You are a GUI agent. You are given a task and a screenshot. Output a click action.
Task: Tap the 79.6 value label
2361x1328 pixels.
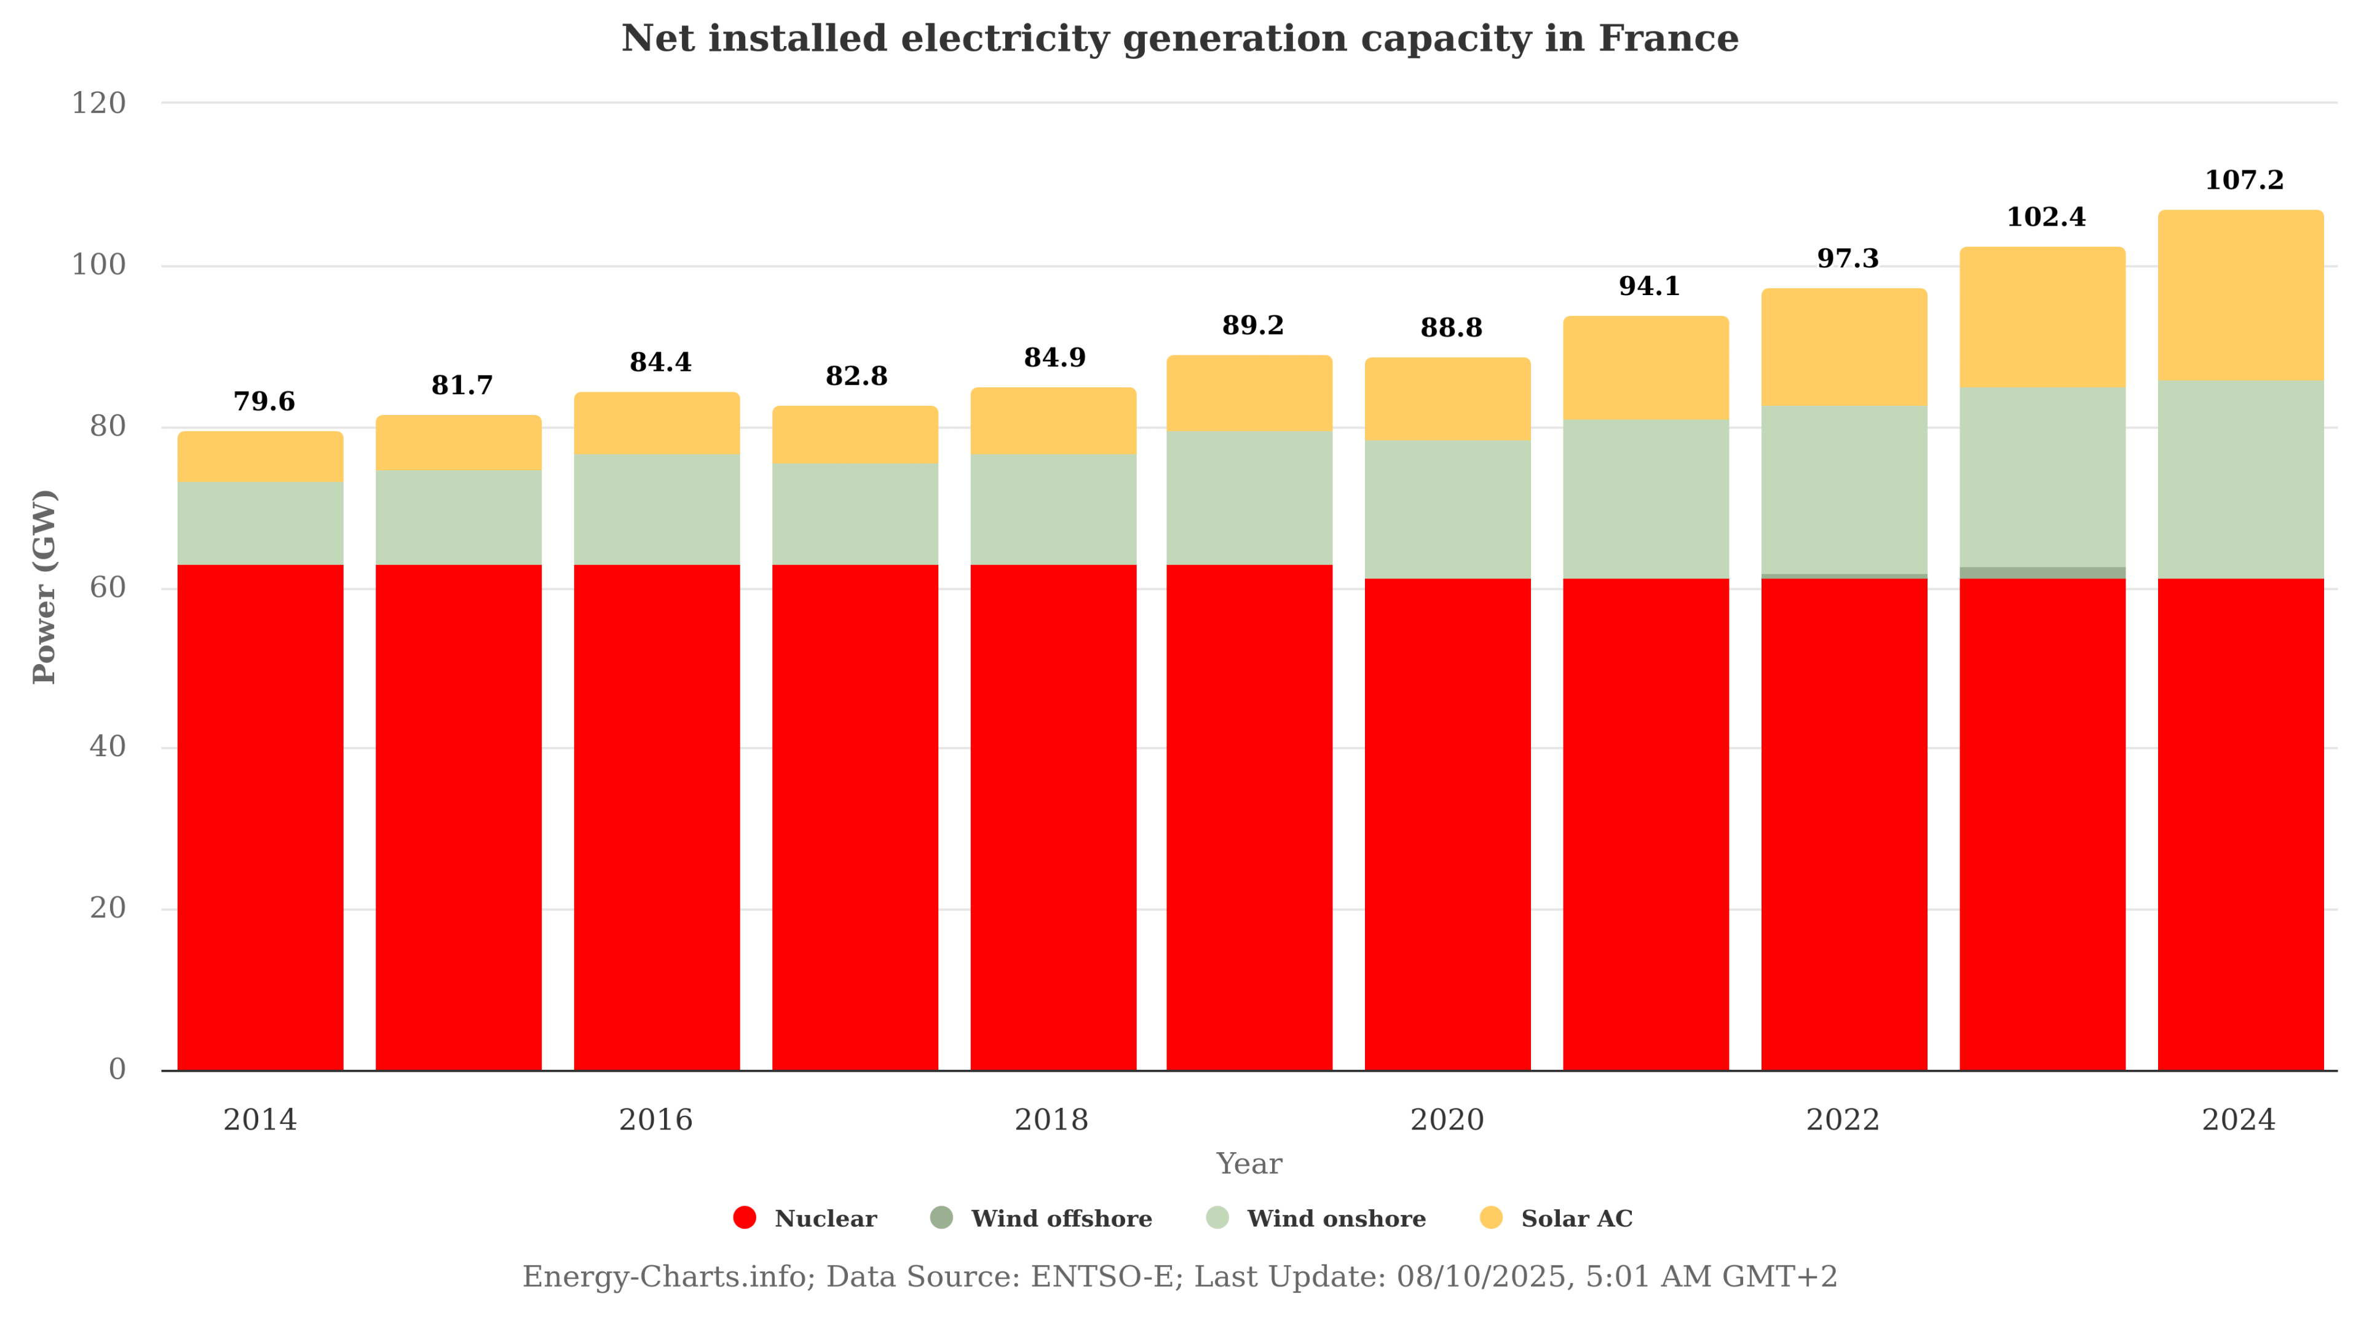click(x=264, y=401)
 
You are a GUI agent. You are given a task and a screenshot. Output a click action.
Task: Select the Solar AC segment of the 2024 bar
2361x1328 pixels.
click(x=2240, y=295)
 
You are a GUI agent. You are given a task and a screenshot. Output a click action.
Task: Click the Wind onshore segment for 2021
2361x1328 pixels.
click(x=1645, y=499)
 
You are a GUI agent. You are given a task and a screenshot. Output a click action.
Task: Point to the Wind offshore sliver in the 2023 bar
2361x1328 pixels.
click(x=2042, y=573)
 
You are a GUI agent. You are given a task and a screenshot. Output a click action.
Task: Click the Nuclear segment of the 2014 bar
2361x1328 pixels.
click(x=260, y=816)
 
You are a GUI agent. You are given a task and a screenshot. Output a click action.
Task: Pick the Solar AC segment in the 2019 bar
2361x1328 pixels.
click(x=1248, y=393)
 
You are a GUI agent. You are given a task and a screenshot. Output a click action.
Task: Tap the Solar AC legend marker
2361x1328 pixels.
click(x=1491, y=1217)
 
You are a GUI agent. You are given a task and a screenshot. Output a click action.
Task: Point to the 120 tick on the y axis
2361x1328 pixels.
click(x=99, y=103)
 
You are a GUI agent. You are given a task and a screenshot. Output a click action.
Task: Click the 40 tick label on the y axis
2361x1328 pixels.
click(x=107, y=747)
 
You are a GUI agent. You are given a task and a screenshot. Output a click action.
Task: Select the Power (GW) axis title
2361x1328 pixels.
click(x=45, y=587)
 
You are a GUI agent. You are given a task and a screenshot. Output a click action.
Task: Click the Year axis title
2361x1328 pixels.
click(x=1248, y=1163)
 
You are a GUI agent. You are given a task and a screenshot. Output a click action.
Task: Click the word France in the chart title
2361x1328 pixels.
click(x=1667, y=39)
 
